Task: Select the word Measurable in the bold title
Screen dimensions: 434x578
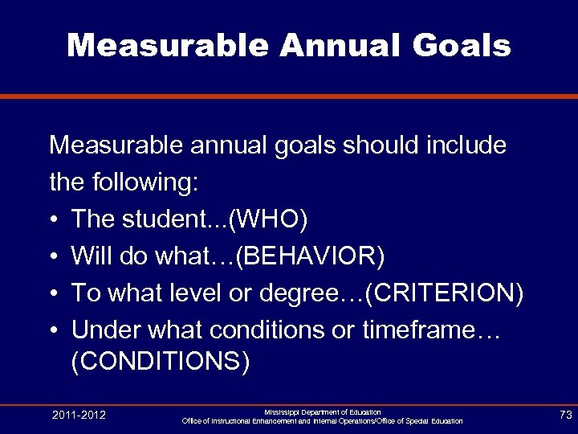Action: coord(169,46)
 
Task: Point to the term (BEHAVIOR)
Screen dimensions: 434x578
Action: coord(312,256)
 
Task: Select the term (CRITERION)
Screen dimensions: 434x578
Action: coord(444,293)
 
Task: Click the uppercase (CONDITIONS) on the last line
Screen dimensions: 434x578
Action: coord(161,362)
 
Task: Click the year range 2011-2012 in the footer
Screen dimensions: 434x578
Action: coord(79,415)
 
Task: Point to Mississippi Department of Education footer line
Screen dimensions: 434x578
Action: coord(323,411)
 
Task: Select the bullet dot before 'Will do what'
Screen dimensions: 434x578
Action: coord(54,257)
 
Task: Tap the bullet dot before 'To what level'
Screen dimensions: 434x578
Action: coord(54,294)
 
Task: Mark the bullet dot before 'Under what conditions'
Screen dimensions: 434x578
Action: coord(54,331)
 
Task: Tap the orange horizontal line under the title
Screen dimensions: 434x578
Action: coord(289,96)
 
